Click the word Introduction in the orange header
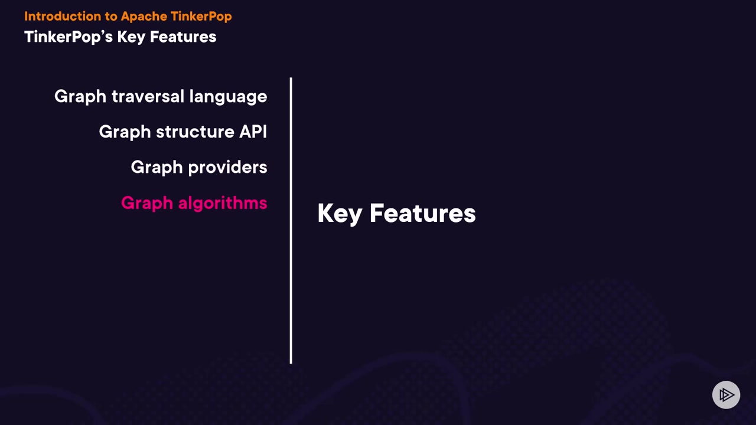click(x=63, y=16)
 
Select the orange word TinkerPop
click(x=201, y=17)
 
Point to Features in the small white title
click(x=183, y=37)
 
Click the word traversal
click(x=148, y=96)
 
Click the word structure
click(x=195, y=132)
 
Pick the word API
click(x=253, y=132)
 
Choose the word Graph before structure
click(x=125, y=132)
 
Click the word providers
click(x=227, y=167)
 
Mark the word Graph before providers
click(x=157, y=168)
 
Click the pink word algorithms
click(x=223, y=202)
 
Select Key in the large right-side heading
click(x=340, y=214)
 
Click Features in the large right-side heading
click(x=423, y=214)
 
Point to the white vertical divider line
click(x=291, y=221)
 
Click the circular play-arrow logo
click(x=726, y=395)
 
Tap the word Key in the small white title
click(x=131, y=37)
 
